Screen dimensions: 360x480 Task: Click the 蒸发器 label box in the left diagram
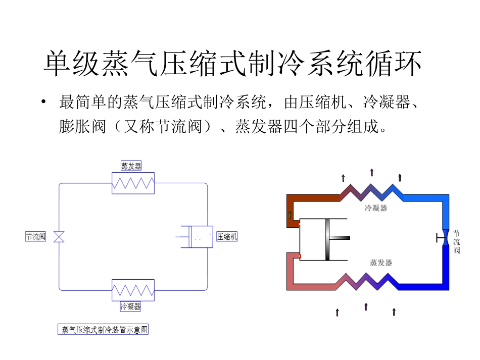[131, 166]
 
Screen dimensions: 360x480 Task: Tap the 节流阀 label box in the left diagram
[36, 236]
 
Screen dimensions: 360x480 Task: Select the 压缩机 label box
[227, 236]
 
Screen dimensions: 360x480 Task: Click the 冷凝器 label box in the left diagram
[131, 306]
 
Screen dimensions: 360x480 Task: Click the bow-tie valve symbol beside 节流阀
[59, 236]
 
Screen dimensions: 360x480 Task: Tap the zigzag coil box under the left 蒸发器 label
[133, 183]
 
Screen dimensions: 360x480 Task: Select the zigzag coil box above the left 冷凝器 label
[133, 290]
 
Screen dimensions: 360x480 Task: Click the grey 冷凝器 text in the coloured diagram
[375, 208]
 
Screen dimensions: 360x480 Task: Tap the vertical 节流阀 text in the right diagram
[457, 242]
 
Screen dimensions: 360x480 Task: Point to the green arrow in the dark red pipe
[290, 215]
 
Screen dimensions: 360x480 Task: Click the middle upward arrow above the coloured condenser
[372, 173]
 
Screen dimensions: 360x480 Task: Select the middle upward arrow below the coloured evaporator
[366, 307]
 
